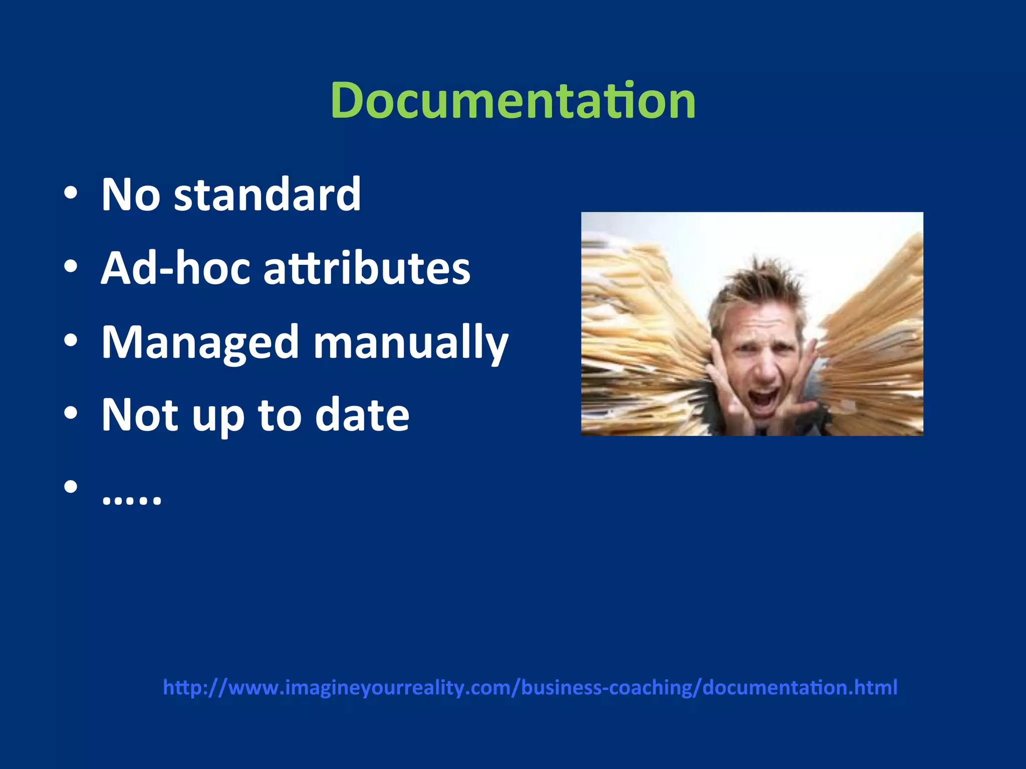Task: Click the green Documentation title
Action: pos(513,101)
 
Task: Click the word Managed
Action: pos(200,343)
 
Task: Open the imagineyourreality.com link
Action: pos(530,687)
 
